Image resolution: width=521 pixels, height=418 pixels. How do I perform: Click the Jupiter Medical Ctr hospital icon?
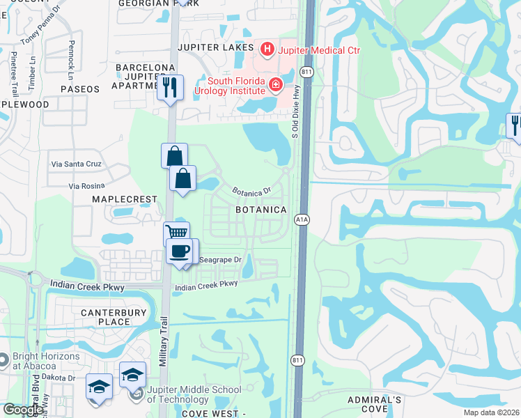click(266, 49)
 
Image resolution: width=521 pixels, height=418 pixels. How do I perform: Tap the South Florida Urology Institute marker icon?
click(277, 85)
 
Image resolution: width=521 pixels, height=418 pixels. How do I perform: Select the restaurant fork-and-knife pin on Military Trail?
click(170, 87)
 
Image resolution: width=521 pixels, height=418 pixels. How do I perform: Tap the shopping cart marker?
click(176, 234)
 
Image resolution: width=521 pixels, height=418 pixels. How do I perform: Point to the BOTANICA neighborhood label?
click(261, 210)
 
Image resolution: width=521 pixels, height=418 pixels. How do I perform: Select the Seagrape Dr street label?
click(219, 260)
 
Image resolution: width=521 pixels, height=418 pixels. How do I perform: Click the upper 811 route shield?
click(306, 72)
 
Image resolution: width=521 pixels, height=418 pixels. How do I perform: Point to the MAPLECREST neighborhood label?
click(124, 199)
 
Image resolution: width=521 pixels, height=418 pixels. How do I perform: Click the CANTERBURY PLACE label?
click(105, 317)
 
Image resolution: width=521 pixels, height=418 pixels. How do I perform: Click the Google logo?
click(22, 410)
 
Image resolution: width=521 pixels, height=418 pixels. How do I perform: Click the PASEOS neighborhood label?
click(81, 89)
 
